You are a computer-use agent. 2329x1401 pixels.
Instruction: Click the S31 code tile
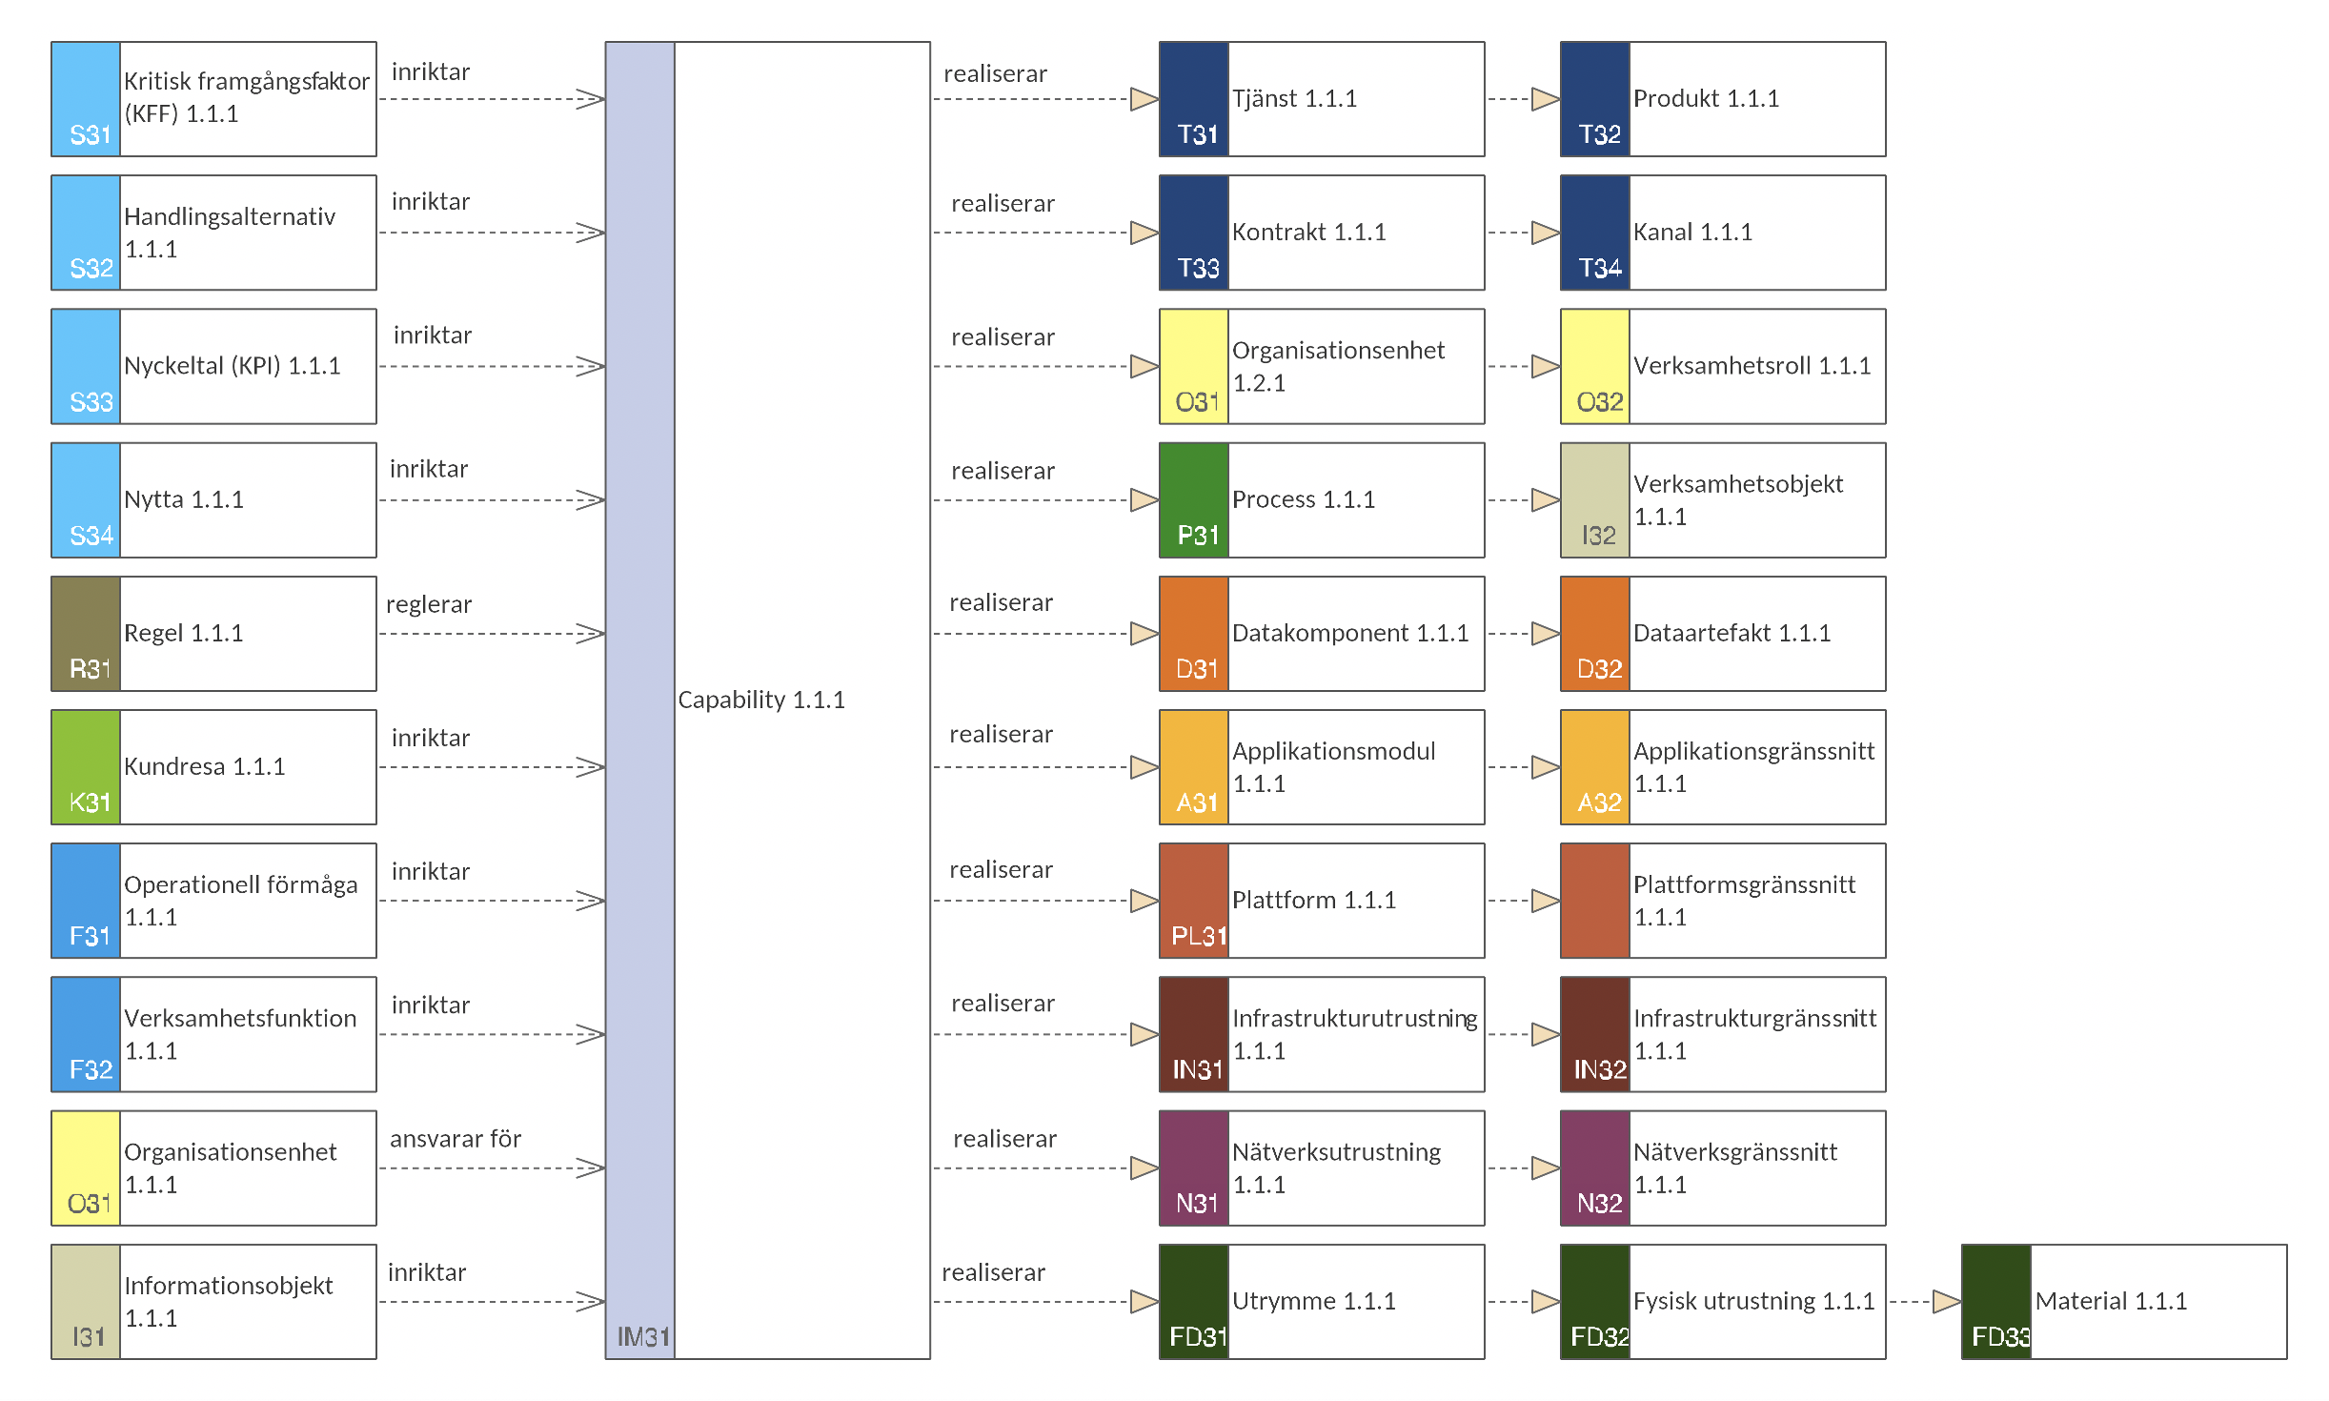(86, 99)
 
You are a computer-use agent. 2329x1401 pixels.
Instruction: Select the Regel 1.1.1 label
(184, 633)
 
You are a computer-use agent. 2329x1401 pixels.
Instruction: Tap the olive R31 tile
(86, 634)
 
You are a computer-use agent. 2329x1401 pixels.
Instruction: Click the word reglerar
(429, 604)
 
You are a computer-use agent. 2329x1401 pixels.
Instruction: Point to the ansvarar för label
(456, 1138)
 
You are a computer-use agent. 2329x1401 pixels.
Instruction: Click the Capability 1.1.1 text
(761, 700)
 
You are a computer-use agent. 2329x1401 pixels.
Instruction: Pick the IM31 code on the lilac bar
(643, 1336)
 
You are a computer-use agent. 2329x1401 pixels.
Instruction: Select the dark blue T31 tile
(1194, 99)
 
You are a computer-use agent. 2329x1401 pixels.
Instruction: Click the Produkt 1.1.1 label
(1706, 98)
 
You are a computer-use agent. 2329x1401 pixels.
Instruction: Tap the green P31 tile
(1194, 500)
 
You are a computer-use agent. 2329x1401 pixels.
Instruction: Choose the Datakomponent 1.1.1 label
(1350, 633)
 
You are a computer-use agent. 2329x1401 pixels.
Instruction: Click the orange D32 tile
(1595, 634)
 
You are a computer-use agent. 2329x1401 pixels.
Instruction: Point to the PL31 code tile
(1194, 901)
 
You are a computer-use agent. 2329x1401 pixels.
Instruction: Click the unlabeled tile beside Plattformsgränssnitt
(1595, 901)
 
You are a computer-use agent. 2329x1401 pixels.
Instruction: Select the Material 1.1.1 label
(2111, 1301)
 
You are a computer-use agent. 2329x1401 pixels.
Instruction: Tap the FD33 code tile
(1996, 1302)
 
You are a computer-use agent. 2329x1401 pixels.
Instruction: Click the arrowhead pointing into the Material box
(1947, 1302)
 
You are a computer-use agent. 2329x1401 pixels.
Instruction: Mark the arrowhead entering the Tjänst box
(1144, 99)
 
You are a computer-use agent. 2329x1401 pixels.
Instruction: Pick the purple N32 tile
(1595, 1168)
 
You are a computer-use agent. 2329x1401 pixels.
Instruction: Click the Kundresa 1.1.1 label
(205, 766)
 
